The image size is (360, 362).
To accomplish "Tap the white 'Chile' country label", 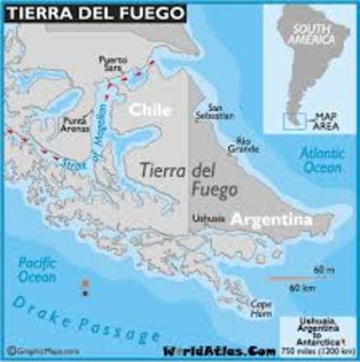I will (x=150, y=110).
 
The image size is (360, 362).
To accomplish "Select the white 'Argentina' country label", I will (x=270, y=220).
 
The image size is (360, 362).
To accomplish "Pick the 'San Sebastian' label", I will (x=225, y=111).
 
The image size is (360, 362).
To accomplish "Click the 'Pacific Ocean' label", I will (x=35, y=270).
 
